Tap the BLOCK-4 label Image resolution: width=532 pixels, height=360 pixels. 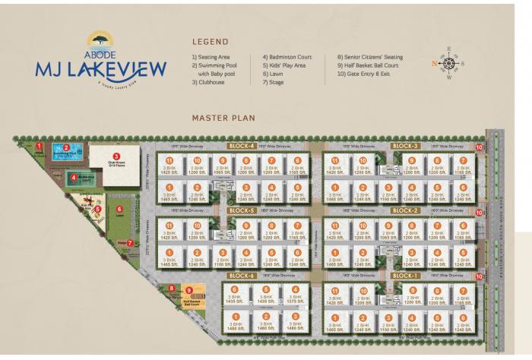[242, 145]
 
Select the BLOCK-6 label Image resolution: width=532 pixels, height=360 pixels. [241, 275]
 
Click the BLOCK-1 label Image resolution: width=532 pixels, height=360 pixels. [404, 275]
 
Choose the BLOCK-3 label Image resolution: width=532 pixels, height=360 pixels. [404, 145]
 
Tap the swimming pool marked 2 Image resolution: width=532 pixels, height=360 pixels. [76, 150]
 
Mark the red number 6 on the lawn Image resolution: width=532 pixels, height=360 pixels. [119, 208]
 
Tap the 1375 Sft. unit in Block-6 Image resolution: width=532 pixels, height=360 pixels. [293, 297]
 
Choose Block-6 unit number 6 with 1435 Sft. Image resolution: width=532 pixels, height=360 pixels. [236, 297]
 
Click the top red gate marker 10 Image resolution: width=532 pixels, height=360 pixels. [479, 147]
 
